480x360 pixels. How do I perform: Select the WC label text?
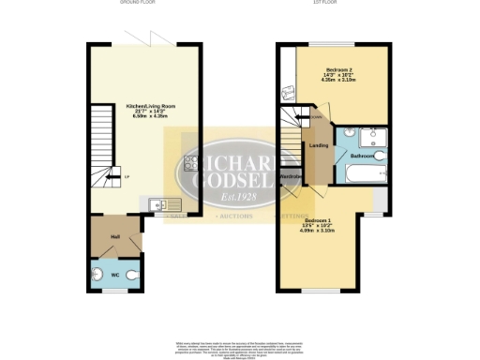pyautogui.click(x=113, y=275)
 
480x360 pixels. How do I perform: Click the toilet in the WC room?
pyautogui.click(x=135, y=275)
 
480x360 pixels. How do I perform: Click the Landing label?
pyautogui.click(x=318, y=144)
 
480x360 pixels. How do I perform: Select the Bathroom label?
pyautogui.click(x=363, y=155)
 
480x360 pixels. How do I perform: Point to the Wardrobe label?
pyautogui.click(x=291, y=176)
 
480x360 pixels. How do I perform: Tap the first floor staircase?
pyautogui.click(x=291, y=141)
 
